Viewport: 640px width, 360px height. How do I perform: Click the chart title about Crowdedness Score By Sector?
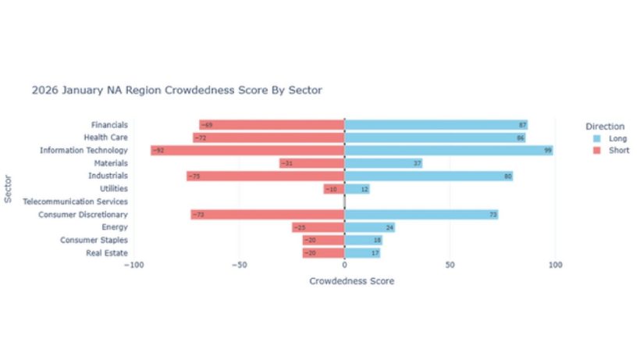point(176,91)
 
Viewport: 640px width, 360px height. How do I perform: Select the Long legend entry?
point(610,138)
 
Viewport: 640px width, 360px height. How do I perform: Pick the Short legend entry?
point(610,151)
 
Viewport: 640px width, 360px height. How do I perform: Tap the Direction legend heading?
point(605,126)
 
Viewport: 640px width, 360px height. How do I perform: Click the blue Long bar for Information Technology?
point(449,150)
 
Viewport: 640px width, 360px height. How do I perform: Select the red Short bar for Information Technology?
point(247,150)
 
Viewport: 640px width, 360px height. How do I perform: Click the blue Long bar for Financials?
point(436,125)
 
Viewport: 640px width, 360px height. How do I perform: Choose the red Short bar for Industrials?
point(265,176)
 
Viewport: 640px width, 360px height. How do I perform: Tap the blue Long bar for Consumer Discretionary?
point(421,214)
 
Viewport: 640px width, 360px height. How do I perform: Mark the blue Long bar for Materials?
point(383,163)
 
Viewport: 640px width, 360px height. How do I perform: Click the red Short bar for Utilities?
point(334,189)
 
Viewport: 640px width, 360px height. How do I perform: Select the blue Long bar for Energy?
point(370,227)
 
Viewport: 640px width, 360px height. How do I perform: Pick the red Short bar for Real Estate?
point(324,253)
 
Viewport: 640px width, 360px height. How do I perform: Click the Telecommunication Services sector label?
point(76,201)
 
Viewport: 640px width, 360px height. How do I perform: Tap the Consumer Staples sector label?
point(94,240)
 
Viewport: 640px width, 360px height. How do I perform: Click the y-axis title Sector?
point(8,189)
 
